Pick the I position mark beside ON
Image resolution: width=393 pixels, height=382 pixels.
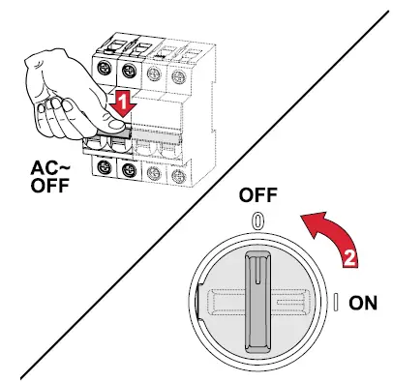click(334, 303)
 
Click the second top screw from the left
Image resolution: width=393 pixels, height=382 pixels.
click(128, 67)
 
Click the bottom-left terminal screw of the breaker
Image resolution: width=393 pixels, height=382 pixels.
click(103, 166)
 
